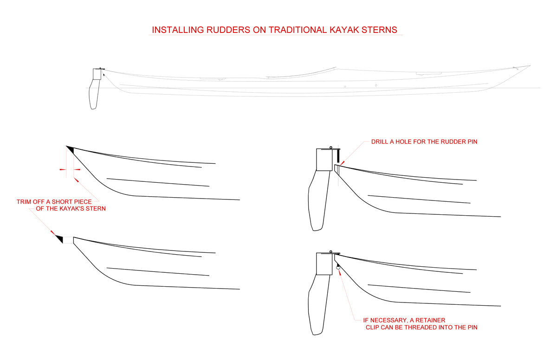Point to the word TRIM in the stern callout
point(25,202)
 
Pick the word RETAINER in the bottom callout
point(428,320)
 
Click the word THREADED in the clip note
point(431,328)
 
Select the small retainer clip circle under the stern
point(337,267)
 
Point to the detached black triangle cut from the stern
point(59,239)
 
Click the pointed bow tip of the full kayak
point(529,66)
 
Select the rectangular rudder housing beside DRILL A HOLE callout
point(324,159)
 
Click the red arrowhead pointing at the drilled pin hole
point(343,162)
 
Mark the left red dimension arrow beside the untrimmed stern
point(62,170)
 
